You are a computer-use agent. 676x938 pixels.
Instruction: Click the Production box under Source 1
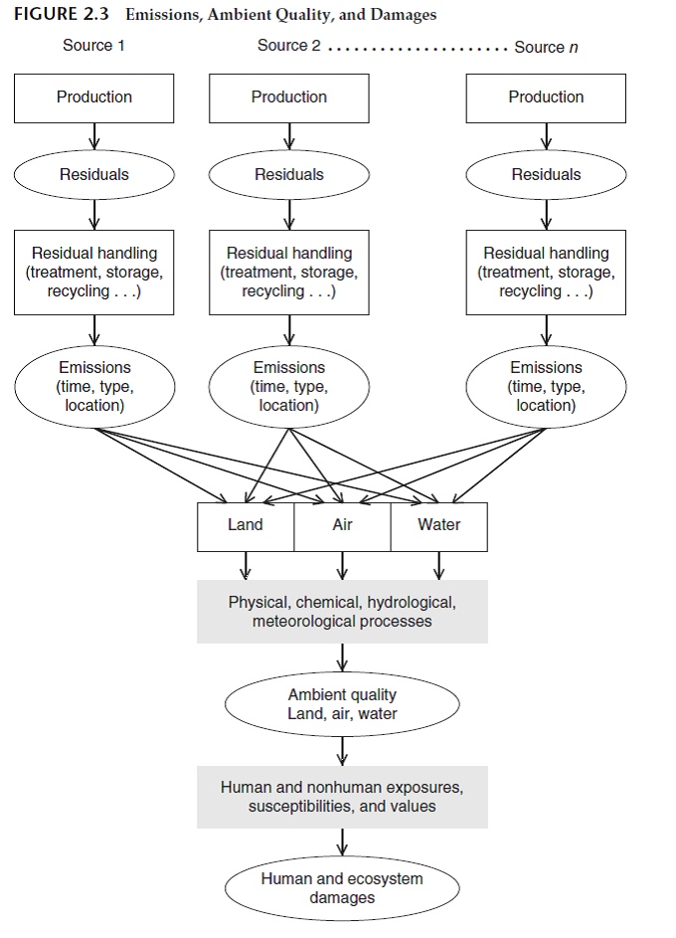[x=94, y=97]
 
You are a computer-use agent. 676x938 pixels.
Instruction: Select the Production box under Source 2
[x=289, y=97]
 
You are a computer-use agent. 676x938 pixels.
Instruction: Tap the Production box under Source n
[x=546, y=97]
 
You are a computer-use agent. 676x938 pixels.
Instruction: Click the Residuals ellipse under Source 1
[x=94, y=174]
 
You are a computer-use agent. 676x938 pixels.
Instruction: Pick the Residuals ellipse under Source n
[x=546, y=174]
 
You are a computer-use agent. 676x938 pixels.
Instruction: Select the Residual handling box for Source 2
[x=289, y=273]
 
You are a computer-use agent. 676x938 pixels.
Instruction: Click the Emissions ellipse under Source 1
[x=94, y=387]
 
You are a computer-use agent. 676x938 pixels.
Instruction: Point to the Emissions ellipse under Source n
[x=546, y=387]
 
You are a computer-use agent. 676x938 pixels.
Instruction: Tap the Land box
[x=246, y=526]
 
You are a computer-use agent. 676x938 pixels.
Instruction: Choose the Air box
[x=342, y=526]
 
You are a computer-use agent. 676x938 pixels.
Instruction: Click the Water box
[x=438, y=526]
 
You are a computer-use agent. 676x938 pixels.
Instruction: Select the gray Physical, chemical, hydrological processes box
[x=342, y=612]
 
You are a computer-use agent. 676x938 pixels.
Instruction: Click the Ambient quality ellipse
[x=342, y=704]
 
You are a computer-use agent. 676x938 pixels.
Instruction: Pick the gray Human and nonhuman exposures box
[x=342, y=797]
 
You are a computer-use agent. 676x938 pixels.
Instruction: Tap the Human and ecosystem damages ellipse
[x=342, y=888]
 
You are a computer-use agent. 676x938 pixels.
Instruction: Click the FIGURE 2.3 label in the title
[x=61, y=15]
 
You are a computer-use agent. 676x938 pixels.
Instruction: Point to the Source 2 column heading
[x=288, y=46]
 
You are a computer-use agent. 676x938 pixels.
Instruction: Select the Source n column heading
[x=546, y=47]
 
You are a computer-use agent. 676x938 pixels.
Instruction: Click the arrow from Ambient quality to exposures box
[x=342, y=750]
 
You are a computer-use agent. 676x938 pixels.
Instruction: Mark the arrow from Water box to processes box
[x=438, y=565]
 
